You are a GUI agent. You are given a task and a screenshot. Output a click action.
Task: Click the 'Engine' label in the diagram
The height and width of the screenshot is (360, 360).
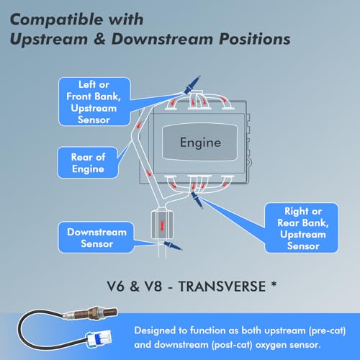tap(200, 143)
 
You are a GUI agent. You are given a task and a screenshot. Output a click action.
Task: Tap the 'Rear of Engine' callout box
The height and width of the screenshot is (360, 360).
tap(88, 163)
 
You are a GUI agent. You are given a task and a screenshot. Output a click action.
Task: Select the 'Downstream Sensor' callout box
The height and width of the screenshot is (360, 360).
tap(96, 238)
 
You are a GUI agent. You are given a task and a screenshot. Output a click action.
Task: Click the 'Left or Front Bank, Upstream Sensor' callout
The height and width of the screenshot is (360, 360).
tap(94, 102)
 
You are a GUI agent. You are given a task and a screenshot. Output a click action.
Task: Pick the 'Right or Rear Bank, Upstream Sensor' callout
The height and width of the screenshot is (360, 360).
tap(302, 228)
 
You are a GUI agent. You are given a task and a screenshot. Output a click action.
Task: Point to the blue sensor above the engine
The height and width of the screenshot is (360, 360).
tap(192, 85)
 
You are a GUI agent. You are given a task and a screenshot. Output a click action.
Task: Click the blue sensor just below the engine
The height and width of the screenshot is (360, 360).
tap(197, 199)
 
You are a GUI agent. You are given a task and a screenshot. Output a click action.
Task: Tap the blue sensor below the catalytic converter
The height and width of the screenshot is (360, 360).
tap(173, 246)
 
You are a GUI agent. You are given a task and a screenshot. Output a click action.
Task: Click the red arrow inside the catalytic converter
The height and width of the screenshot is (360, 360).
tap(162, 225)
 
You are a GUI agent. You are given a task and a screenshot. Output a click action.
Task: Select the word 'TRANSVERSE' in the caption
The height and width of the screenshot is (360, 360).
tap(222, 287)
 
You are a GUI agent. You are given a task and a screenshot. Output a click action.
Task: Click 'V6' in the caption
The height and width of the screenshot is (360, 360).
tap(115, 287)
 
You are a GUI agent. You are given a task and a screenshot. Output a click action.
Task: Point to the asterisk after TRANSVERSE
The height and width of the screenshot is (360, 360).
tap(274, 284)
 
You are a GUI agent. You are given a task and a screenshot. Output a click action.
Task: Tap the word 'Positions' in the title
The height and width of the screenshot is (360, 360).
tap(255, 39)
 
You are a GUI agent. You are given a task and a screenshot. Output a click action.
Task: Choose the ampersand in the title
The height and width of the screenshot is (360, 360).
tap(99, 39)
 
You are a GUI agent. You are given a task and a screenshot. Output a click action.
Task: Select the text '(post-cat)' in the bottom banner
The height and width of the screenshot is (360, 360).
tap(232, 345)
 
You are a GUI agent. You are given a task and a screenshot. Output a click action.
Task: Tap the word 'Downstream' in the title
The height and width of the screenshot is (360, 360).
tap(162, 39)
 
